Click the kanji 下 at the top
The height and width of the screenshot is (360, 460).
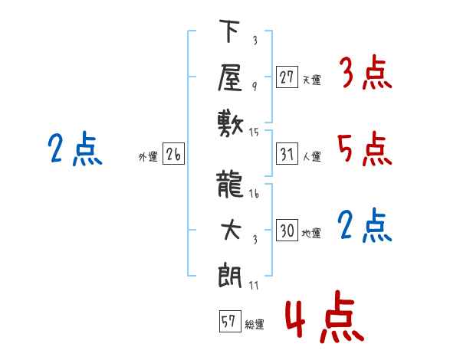click(x=228, y=33)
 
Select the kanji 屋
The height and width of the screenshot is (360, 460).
click(x=228, y=77)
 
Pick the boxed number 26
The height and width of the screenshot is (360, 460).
click(x=173, y=155)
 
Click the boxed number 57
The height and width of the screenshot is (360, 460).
click(x=228, y=322)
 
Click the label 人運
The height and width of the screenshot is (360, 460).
click(x=311, y=157)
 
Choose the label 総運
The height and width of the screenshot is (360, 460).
click(x=255, y=325)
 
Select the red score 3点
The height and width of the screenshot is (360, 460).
click(x=364, y=75)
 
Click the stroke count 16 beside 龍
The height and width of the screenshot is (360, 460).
click(x=254, y=194)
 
